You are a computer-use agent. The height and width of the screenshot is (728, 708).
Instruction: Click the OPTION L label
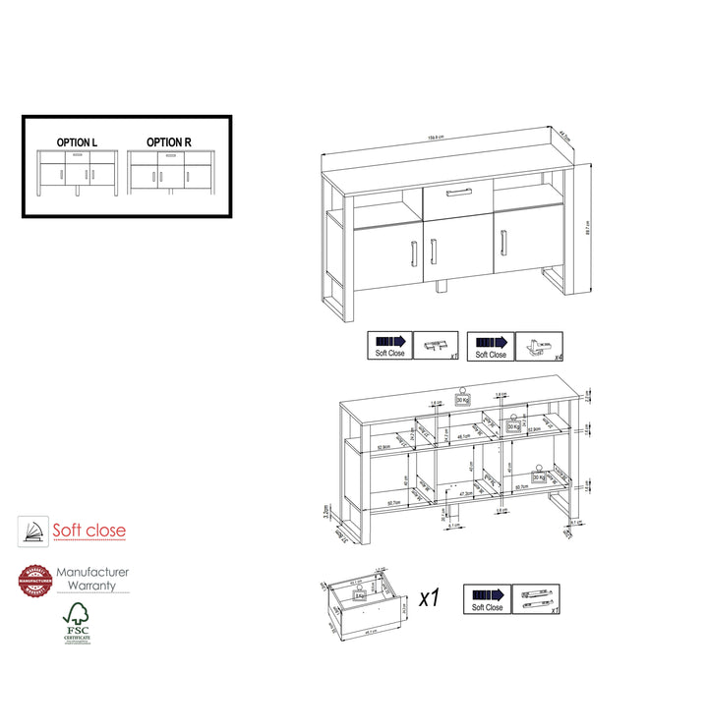pyautogui.click(x=76, y=143)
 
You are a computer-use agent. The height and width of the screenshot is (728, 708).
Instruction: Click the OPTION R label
pyautogui.click(x=169, y=143)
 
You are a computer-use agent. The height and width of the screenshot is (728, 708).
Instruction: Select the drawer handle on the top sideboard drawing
pyautogui.click(x=457, y=191)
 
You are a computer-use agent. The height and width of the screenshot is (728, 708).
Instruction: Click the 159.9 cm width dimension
pyautogui.click(x=436, y=138)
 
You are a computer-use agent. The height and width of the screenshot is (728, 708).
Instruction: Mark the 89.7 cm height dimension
pyautogui.click(x=587, y=227)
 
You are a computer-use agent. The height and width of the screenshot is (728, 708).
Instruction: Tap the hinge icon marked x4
pyautogui.click(x=539, y=346)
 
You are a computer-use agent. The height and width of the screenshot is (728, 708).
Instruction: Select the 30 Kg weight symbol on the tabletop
pyautogui.click(x=462, y=397)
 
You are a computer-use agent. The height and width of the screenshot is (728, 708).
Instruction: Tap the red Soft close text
pyautogui.click(x=89, y=531)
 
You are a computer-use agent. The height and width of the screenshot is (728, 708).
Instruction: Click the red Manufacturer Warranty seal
pyautogui.click(x=33, y=580)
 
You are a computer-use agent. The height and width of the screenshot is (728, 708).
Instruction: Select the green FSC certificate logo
pyautogui.click(x=77, y=622)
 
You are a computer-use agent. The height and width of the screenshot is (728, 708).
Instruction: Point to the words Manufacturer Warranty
pyautogui.click(x=92, y=579)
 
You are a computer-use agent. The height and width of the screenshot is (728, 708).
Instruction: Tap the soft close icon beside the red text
pyautogui.click(x=33, y=532)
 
